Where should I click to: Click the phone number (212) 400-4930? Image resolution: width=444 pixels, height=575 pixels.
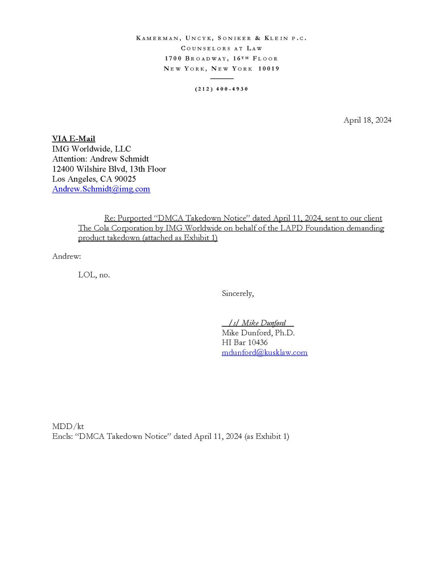(x=221, y=89)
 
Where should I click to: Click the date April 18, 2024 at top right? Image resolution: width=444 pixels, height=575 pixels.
(x=367, y=120)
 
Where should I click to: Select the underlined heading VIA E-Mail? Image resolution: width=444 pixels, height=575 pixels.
(x=74, y=139)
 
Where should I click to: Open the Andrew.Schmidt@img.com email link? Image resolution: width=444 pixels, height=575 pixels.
(x=101, y=189)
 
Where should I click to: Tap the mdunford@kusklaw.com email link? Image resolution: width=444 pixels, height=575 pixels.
(x=264, y=352)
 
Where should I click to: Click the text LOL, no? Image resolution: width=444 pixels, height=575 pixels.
(x=94, y=275)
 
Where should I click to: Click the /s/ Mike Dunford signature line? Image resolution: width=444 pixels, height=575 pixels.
(x=257, y=323)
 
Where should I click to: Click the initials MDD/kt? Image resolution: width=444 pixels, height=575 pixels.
(x=68, y=426)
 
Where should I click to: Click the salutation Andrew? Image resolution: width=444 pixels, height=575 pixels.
(x=66, y=256)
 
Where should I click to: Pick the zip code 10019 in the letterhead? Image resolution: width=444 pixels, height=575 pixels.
(x=269, y=69)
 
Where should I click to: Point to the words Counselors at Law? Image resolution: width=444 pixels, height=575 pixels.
(x=221, y=49)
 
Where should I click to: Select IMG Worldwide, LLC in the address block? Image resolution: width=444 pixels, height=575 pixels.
(x=91, y=149)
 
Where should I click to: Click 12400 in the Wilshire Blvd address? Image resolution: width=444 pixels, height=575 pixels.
(x=63, y=169)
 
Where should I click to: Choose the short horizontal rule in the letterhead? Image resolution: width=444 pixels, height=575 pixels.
(x=222, y=79)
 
